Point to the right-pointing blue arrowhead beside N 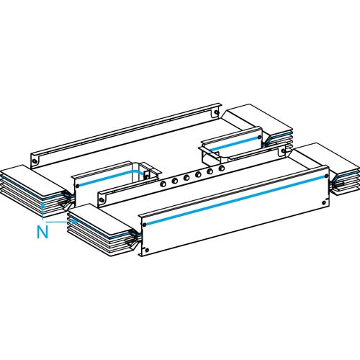pos(76,222)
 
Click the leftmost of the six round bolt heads pos(163,184)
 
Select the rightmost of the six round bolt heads pos(222,168)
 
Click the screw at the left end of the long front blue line pos(145,225)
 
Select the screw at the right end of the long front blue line pos(326,176)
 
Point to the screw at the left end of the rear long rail pos(35,161)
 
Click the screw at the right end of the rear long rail pos(216,112)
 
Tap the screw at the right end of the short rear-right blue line pos(259,138)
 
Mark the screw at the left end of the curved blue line pos(77,186)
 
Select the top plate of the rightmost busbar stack pos(326,159)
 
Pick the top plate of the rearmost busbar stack pos(259,120)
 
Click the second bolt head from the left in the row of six pos(175,181)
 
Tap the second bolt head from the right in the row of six pos(210,171)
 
